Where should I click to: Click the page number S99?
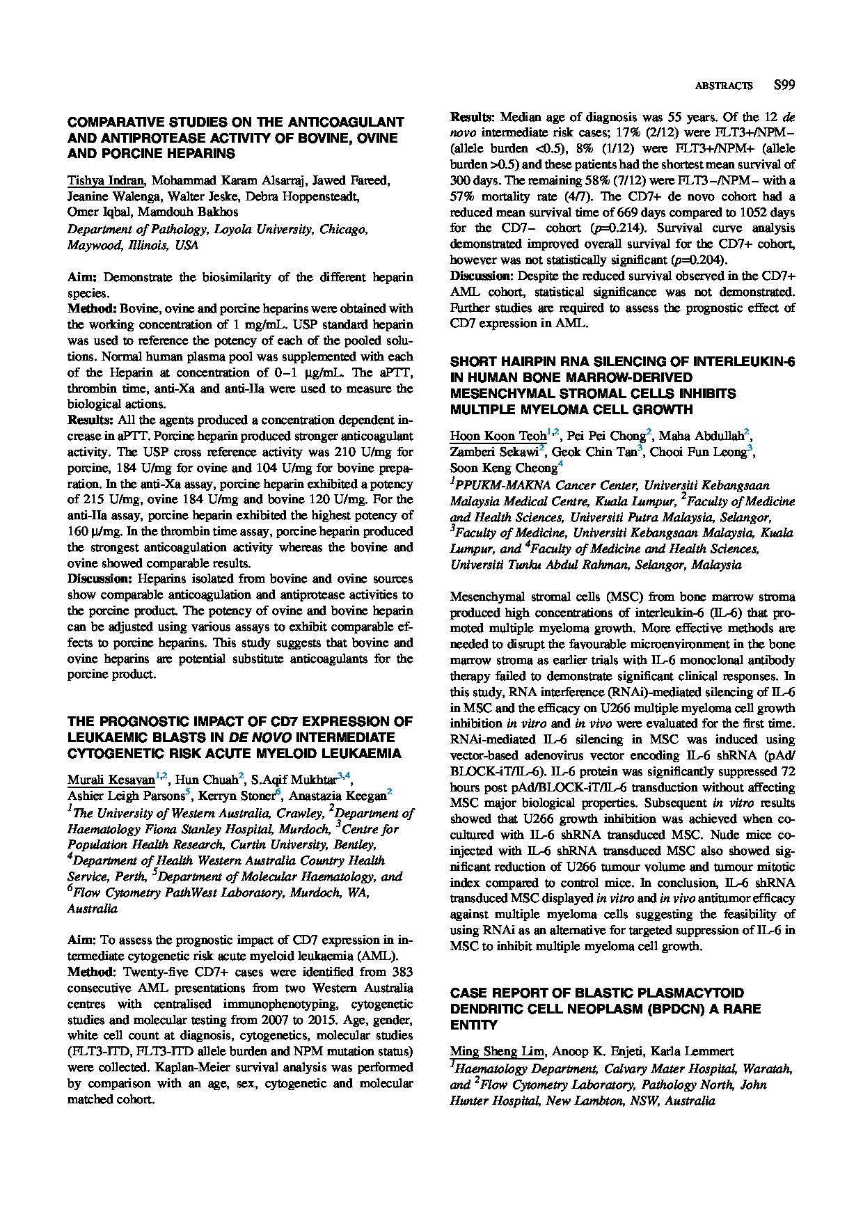[784, 86]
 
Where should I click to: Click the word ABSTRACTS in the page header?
[724, 86]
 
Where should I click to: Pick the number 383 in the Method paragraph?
[402, 972]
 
